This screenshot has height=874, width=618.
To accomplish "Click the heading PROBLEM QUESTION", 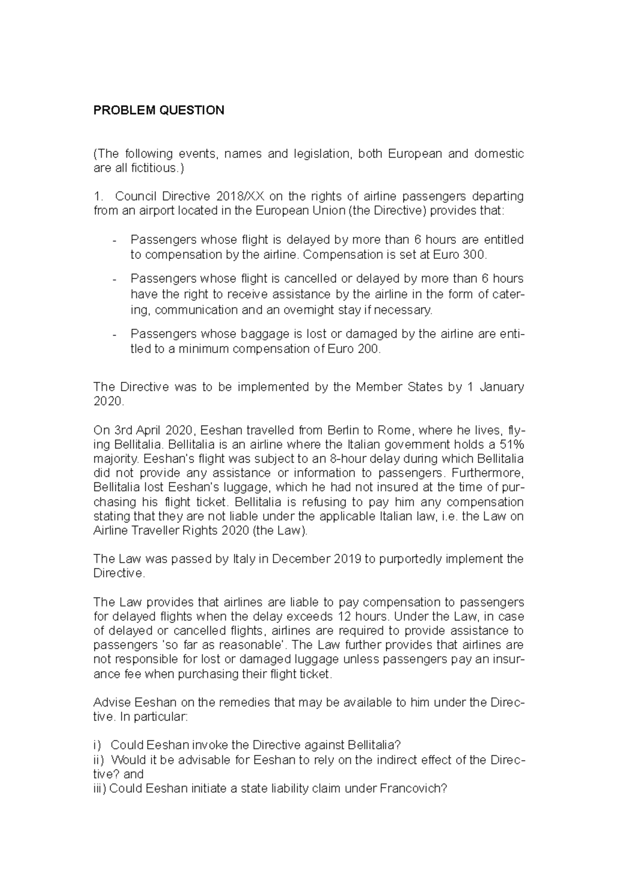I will tap(159, 110).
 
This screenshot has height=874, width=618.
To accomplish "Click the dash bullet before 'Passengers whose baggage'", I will tap(114, 335).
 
